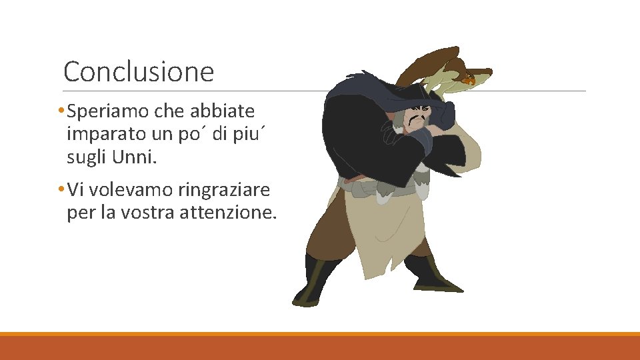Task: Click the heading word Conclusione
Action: pyautogui.click(x=139, y=71)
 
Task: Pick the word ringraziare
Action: pyautogui.click(x=224, y=191)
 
